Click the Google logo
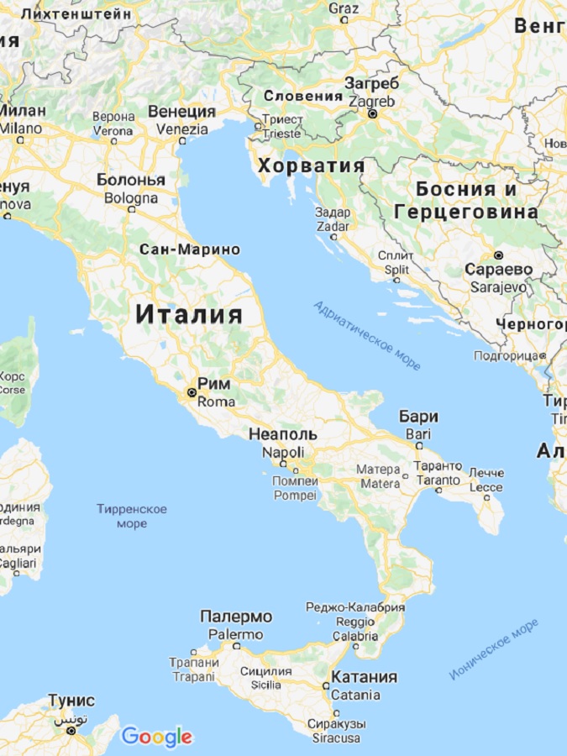157,737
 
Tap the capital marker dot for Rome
192,392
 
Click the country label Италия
189,315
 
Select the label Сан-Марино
190,249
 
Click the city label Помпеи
296,481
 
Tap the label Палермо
236,617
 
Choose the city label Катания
364,677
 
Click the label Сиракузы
335,723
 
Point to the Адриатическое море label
367,335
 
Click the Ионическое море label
493,649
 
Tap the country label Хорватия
312,165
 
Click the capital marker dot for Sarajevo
498,254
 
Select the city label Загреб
371,83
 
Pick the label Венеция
182,112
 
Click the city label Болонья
130,180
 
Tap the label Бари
418,417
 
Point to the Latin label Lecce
486,487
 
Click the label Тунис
71,701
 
